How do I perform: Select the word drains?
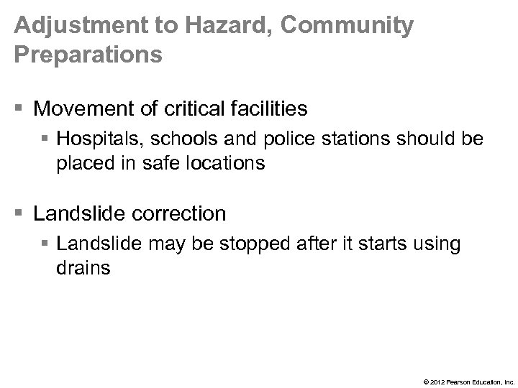click(83, 267)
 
